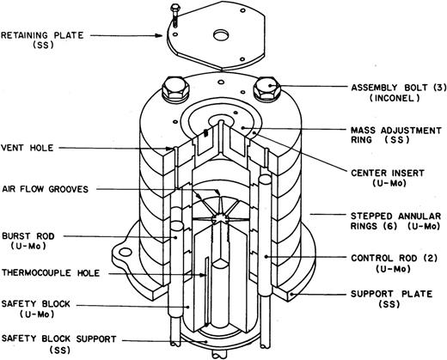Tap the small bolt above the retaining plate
[x=175, y=15]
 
